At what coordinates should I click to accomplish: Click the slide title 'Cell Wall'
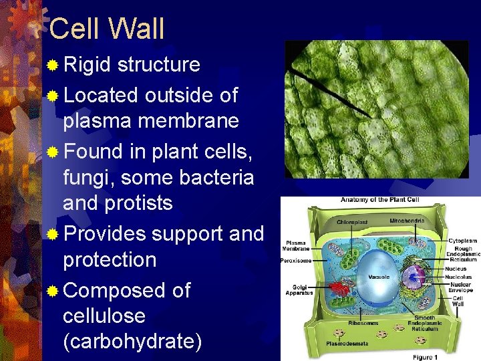107,29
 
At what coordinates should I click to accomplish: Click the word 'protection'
110,260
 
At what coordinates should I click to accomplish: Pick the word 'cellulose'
104,316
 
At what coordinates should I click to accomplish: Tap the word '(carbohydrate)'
132,342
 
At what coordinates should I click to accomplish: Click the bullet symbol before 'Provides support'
53,235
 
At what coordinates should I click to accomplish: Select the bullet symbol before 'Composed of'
53,291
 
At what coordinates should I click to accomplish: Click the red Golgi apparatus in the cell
341,289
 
